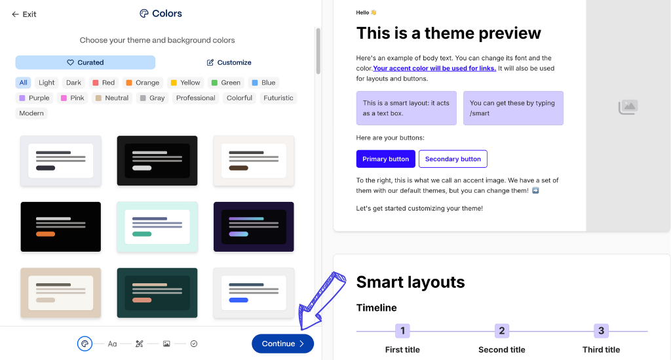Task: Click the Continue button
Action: pos(282,344)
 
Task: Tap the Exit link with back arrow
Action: pos(24,14)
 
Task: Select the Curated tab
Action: pos(85,62)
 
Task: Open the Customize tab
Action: pos(229,62)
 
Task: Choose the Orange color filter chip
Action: pos(142,83)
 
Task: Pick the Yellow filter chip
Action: pos(185,83)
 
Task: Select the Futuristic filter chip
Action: pos(278,98)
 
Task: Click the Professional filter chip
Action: pos(195,98)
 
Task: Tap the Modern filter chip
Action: pos(31,113)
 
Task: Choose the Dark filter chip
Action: pos(73,83)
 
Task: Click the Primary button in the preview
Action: pos(385,159)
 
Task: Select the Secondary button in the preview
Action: pos(453,159)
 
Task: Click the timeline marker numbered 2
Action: pos(502,330)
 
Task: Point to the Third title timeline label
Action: pos(601,350)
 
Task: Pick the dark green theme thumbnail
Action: pos(157,292)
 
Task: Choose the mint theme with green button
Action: pos(157,226)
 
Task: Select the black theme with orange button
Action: pos(60,226)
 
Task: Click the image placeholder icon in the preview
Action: pos(628,107)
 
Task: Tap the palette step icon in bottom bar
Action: pos(84,344)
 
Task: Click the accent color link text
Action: pos(434,68)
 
